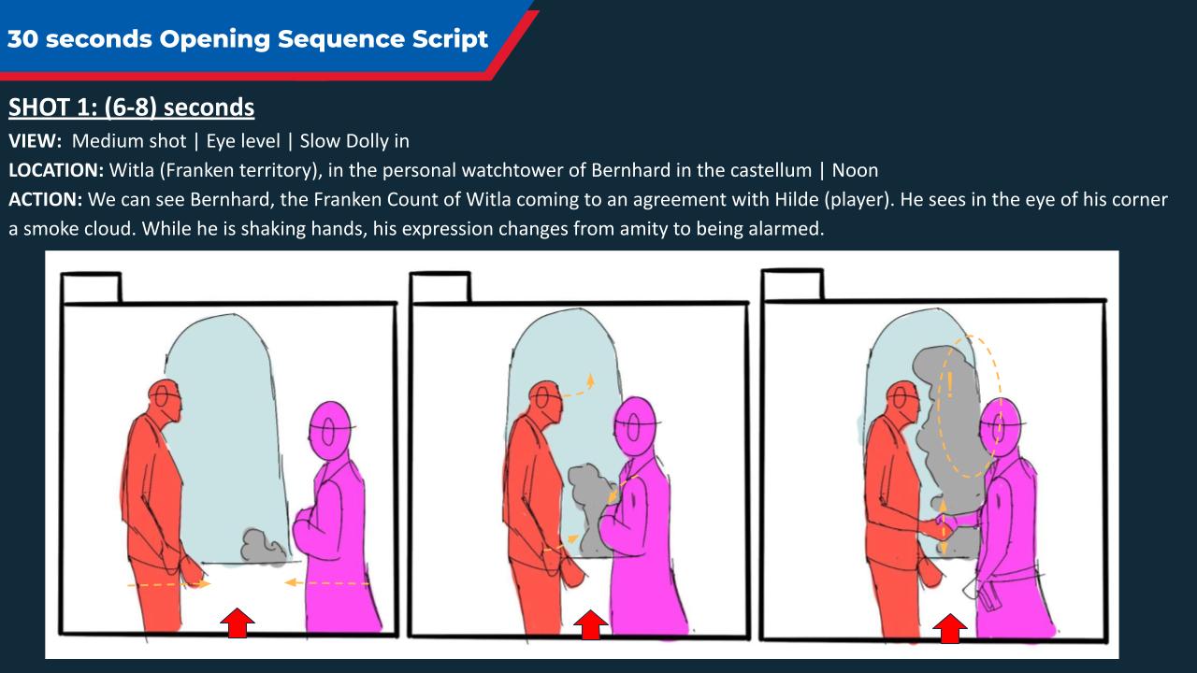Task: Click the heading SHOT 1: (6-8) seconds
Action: coord(132,107)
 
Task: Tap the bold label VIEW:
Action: coord(36,141)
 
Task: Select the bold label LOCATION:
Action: coord(56,170)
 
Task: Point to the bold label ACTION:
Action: coord(46,199)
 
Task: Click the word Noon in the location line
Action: coord(855,170)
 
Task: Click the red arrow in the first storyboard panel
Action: coord(238,623)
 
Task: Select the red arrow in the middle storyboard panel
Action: coord(590,624)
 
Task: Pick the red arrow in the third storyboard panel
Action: coord(949,628)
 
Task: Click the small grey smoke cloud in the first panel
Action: coord(265,547)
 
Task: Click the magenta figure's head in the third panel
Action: coord(1001,427)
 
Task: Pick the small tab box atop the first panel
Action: coord(91,288)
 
